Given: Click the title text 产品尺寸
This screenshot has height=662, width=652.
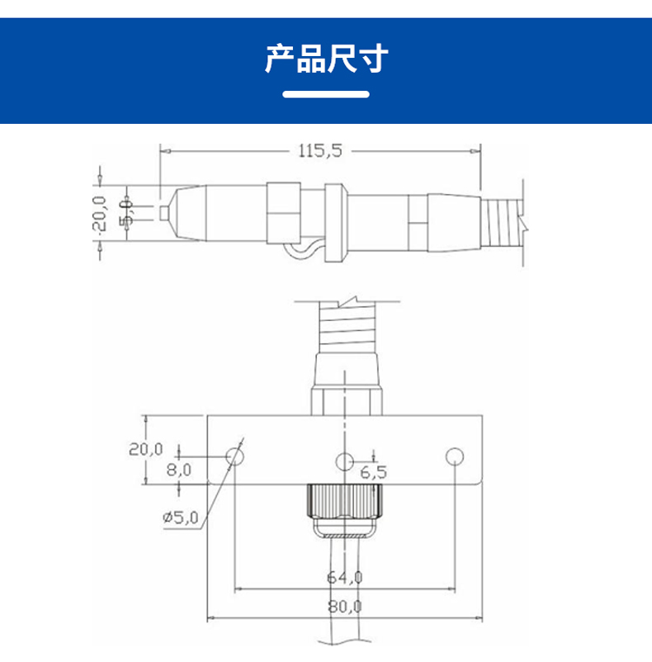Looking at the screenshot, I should click(x=326, y=59).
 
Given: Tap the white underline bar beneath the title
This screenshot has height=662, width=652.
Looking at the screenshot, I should click(x=326, y=94).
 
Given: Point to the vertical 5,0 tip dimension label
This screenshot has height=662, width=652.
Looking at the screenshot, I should click(x=126, y=212).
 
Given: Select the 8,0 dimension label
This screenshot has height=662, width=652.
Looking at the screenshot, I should click(x=179, y=470).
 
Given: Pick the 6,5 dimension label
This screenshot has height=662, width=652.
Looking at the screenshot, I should click(x=373, y=472).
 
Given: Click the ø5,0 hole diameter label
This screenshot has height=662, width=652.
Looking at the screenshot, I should click(x=181, y=518).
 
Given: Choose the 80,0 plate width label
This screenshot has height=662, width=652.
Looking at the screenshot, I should click(x=346, y=606).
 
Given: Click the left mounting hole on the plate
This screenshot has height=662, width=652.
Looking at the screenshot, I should click(x=235, y=456).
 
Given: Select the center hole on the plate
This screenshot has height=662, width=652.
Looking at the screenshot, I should click(x=344, y=461).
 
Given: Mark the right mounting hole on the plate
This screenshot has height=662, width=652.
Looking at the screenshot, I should click(x=453, y=456).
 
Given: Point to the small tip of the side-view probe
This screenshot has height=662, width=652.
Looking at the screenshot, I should click(x=164, y=212).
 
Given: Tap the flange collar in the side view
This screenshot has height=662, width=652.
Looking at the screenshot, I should click(x=333, y=221).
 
